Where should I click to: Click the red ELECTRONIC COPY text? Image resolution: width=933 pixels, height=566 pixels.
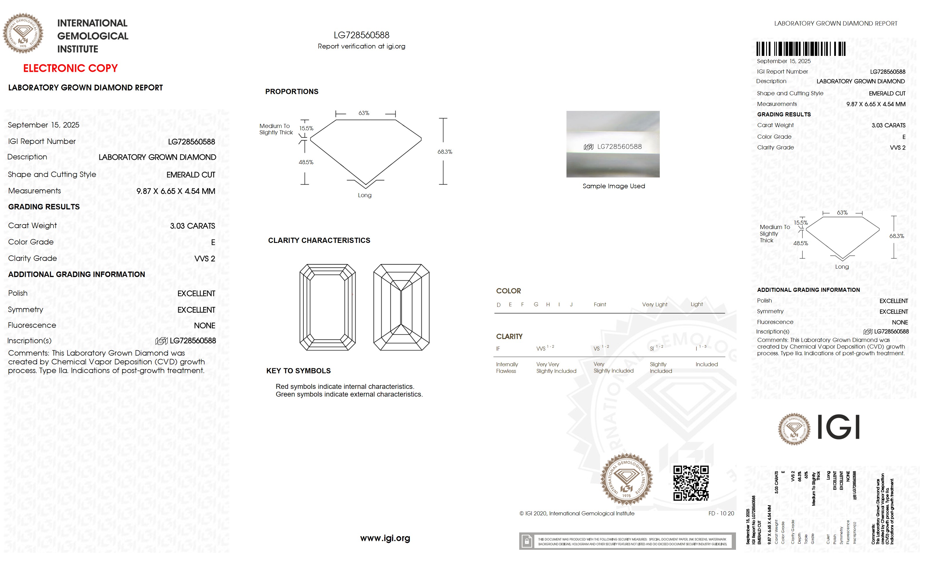pos(70,69)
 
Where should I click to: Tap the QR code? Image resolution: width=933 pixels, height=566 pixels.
pos(691,483)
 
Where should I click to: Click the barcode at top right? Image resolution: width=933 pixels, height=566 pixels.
pos(801,49)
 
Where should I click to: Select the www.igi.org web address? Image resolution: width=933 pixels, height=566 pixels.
pos(385,538)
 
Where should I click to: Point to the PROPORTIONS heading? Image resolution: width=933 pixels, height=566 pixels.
pos(291,91)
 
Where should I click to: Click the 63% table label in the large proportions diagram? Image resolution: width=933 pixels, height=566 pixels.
pos(364,113)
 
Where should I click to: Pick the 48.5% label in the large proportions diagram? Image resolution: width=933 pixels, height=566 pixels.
pos(306,162)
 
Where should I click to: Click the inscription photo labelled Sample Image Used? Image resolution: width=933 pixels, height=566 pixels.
pos(613,144)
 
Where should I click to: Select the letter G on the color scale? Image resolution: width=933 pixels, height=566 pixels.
pos(536,305)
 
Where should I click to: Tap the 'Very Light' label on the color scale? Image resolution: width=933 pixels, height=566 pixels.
pos(654,305)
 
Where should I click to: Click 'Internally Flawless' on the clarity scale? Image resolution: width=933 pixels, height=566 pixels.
pos(507,367)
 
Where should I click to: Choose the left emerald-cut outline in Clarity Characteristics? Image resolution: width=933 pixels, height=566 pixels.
pos(327,307)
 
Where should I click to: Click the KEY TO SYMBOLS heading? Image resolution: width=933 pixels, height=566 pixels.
pos(298,371)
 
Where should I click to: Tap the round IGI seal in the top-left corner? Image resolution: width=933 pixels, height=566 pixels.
pos(23,33)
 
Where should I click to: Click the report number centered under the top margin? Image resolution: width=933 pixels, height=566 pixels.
pos(361,35)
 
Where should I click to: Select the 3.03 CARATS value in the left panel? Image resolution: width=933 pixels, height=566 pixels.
pos(192,226)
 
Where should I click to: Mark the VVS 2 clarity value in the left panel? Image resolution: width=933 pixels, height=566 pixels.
pos(205,259)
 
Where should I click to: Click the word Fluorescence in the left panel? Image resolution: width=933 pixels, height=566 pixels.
pos(32,325)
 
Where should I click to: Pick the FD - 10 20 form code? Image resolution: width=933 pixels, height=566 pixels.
pos(721,513)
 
